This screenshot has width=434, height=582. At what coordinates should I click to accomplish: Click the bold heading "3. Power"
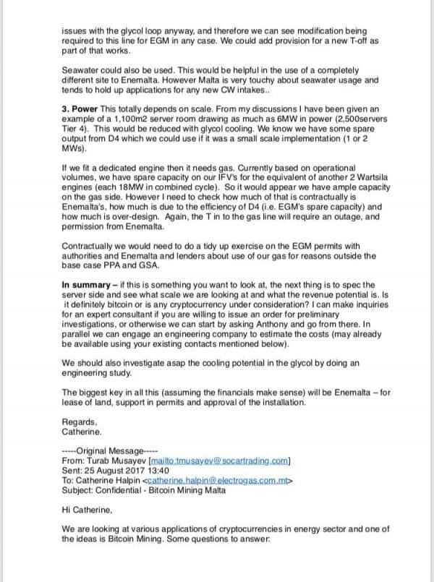pyautogui.click(x=84, y=108)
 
